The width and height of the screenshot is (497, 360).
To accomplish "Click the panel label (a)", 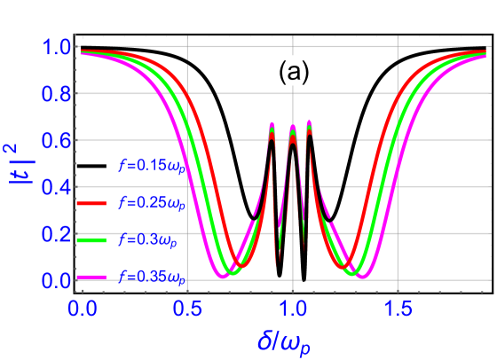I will tap(293, 72).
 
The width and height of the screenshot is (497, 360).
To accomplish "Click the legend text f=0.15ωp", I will tap(152, 165).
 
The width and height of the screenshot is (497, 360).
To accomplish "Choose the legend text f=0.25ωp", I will tap(152, 203).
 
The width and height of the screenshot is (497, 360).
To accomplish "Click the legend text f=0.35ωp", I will tap(152, 278).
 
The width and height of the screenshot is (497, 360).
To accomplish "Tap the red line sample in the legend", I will tap(91, 204).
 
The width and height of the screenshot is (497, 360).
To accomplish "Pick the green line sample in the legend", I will tap(91, 240).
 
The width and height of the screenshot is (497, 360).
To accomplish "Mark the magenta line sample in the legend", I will tap(91, 278).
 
